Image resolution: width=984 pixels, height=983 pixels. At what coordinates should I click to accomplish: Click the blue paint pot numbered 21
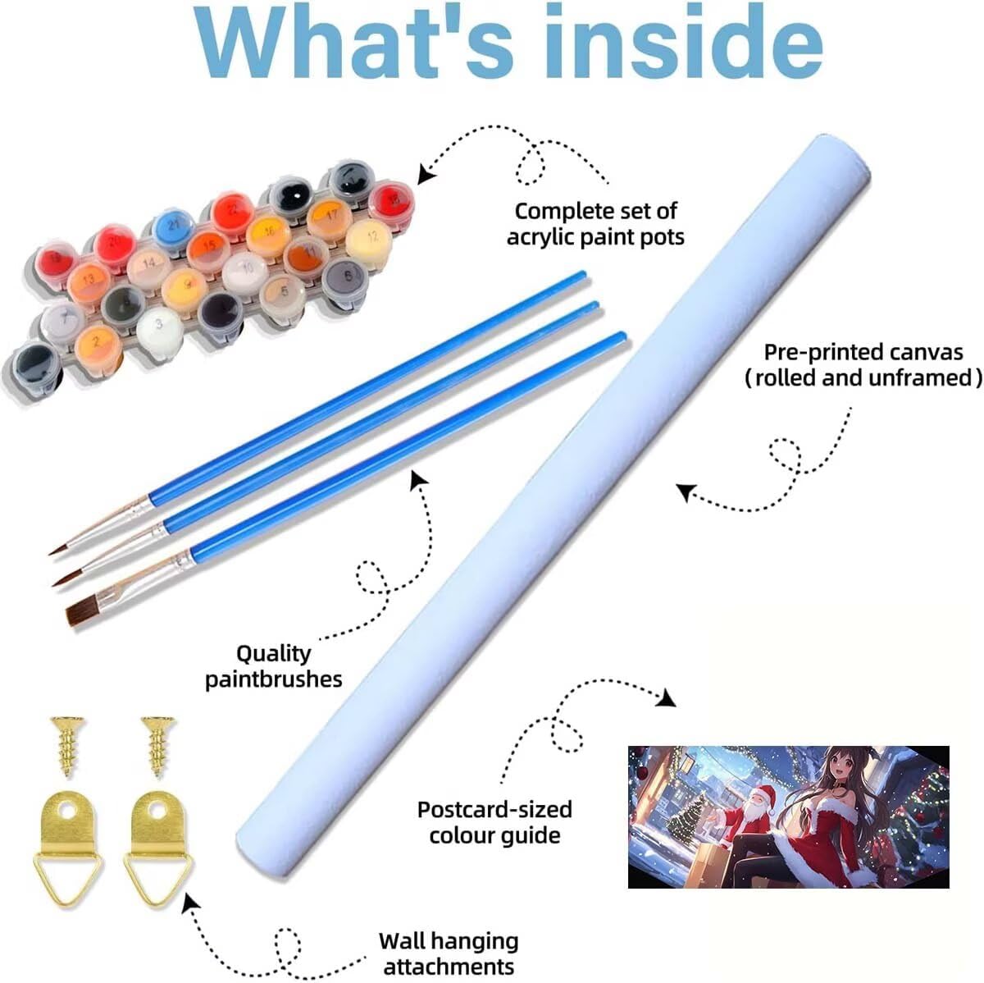click(173, 228)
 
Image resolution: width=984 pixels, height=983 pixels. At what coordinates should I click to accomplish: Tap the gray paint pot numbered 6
click(345, 280)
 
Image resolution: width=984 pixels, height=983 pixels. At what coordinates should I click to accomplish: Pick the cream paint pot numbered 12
click(369, 241)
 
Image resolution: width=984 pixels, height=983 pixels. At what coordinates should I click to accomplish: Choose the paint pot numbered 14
click(149, 268)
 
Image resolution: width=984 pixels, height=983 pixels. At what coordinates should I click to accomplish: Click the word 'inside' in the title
click(683, 42)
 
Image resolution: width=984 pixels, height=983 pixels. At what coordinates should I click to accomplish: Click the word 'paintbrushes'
click(274, 679)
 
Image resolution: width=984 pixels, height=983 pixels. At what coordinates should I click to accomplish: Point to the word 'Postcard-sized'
click(494, 810)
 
